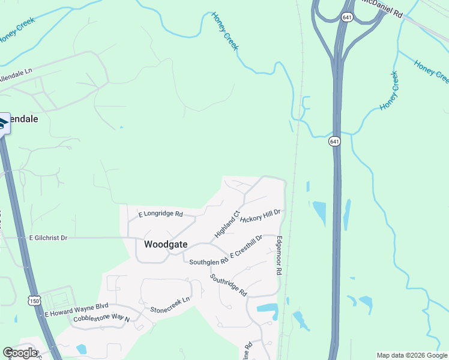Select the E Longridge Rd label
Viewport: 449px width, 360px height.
point(160,214)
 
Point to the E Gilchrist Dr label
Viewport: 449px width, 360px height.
point(49,238)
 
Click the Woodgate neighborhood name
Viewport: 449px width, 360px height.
point(166,245)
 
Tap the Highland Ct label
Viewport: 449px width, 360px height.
point(228,223)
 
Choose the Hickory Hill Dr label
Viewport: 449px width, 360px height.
point(261,215)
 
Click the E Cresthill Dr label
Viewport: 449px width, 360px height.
point(246,248)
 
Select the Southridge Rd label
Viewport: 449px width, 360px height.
point(228,285)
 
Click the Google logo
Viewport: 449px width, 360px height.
point(20,353)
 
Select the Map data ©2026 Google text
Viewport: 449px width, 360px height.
point(412,355)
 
